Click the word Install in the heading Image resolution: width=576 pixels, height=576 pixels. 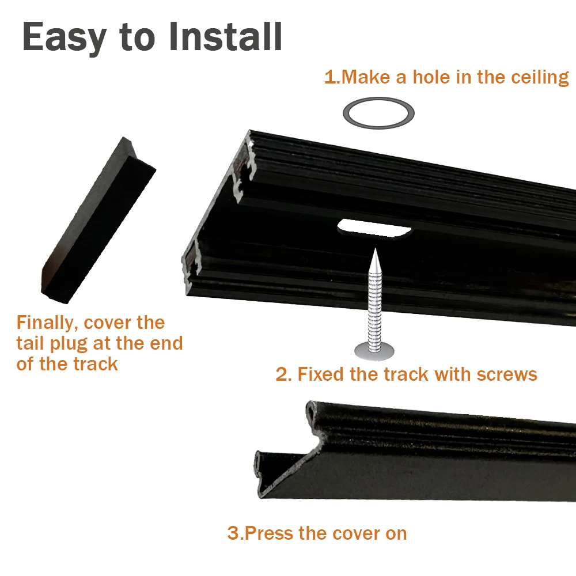[x=226, y=36]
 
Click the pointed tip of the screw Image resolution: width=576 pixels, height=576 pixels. [x=375, y=249]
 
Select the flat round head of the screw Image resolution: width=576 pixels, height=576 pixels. [x=374, y=351]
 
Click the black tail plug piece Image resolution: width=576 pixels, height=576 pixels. [x=98, y=221]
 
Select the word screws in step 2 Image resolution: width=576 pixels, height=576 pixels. [x=507, y=375]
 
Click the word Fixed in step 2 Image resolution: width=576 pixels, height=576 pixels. [x=321, y=374]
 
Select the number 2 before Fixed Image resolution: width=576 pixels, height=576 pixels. [x=282, y=374]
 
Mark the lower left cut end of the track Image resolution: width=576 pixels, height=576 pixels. [x=191, y=264]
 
